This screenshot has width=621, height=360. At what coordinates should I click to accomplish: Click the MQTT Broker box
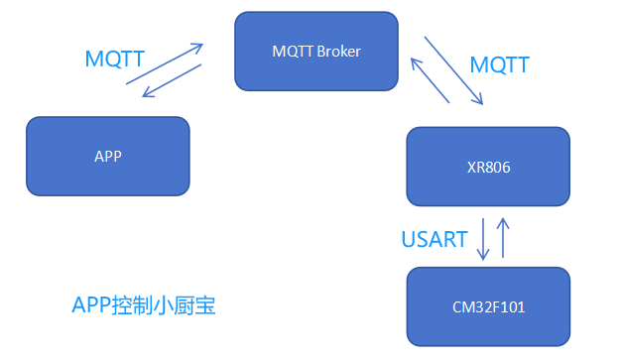click(315, 51)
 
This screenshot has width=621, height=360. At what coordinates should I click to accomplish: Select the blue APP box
click(107, 156)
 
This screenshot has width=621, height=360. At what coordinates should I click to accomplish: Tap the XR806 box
click(488, 167)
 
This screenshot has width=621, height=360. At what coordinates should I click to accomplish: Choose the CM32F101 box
click(488, 306)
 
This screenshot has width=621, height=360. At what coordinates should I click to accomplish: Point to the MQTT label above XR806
click(500, 65)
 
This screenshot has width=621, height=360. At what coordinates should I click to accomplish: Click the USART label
click(435, 238)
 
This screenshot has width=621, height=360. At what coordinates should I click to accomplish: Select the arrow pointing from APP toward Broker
click(165, 63)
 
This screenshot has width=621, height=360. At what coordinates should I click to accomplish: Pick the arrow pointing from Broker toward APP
click(173, 81)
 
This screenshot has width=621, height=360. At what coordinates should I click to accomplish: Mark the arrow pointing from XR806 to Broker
click(431, 79)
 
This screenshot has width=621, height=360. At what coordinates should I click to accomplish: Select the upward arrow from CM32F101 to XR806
click(503, 238)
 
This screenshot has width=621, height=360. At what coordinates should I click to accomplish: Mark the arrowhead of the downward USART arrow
click(483, 256)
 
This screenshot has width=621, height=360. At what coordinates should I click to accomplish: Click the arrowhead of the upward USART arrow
click(503, 221)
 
